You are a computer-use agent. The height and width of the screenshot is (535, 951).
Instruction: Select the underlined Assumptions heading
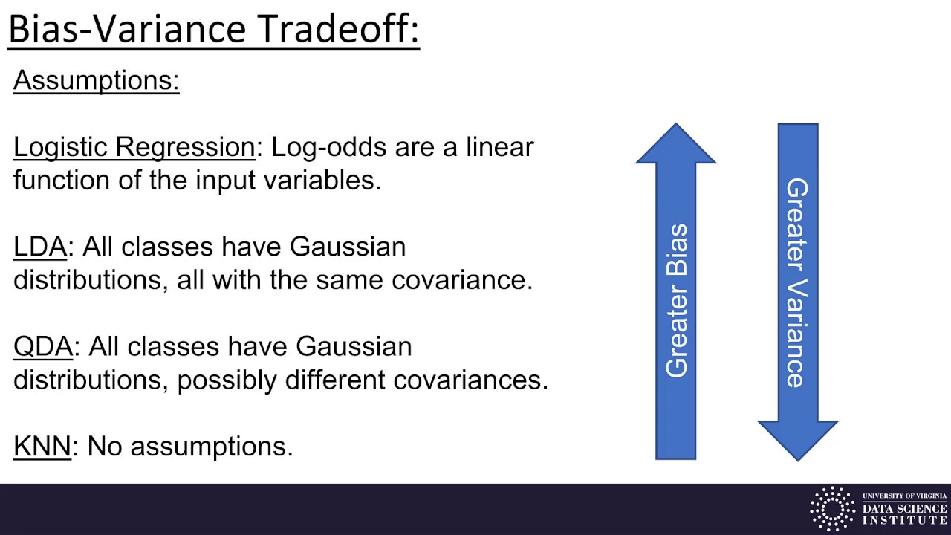[x=97, y=80]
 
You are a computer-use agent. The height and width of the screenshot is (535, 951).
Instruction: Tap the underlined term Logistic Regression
[x=134, y=147]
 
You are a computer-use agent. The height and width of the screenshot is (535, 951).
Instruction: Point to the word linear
[x=499, y=147]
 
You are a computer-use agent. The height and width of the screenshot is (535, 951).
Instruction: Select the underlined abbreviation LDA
[x=40, y=247]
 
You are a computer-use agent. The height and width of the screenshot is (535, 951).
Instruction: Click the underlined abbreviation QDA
[x=43, y=346]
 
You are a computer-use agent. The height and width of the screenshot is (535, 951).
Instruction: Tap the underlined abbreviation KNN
[x=42, y=446]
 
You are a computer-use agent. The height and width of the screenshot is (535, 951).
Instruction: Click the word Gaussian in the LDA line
[x=348, y=247]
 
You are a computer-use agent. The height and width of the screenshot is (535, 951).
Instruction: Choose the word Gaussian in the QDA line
[x=354, y=346]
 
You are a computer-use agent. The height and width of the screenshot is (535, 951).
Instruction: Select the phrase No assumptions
[x=190, y=446]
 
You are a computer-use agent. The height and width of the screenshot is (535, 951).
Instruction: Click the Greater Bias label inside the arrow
[x=676, y=301]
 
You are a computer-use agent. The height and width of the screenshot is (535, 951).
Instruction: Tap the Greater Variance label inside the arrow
[x=797, y=282]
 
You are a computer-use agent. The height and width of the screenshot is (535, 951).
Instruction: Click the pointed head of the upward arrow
[x=676, y=146]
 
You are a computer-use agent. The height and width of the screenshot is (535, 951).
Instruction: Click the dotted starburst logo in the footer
[x=832, y=509]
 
